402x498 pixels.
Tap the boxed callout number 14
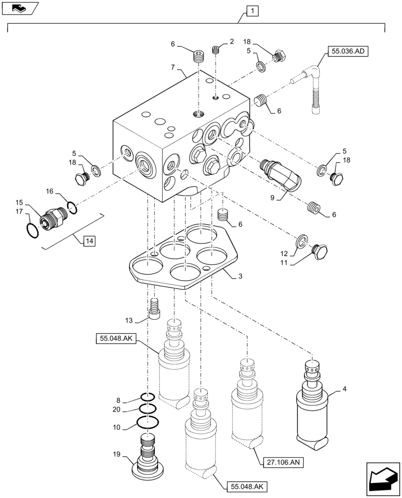89,241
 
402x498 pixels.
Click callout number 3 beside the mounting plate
240,275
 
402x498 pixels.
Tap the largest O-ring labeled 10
148,422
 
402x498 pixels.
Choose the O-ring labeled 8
146,397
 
